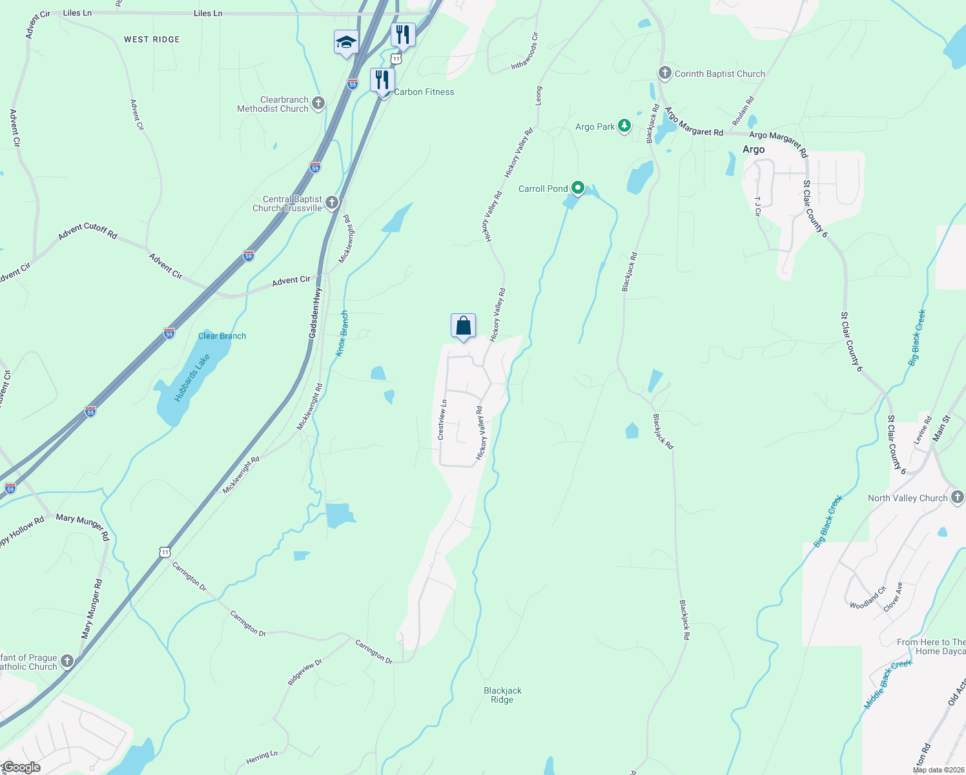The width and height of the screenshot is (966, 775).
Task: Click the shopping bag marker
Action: [x=463, y=326]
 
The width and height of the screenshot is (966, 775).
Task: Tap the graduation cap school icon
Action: [x=346, y=43]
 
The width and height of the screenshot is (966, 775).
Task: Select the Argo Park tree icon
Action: [x=624, y=126]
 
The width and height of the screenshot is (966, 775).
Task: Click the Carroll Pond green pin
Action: [x=578, y=188]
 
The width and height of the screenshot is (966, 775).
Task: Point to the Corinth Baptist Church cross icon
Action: [x=665, y=73]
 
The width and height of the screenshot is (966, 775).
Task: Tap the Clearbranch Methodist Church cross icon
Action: [x=318, y=103]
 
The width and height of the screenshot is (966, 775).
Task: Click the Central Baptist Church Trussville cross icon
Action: [x=332, y=203]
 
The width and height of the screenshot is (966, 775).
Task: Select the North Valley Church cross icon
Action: [x=958, y=497]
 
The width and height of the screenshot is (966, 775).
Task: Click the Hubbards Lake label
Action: [x=192, y=378]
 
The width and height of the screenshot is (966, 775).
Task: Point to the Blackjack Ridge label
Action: [x=502, y=695]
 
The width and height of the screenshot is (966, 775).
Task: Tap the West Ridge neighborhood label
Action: [x=152, y=39]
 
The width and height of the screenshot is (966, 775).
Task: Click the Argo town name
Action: [x=754, y=149]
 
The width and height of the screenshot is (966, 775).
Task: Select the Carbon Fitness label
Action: [x=424, y=92]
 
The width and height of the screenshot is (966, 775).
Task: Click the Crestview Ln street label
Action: [x=442, y=420]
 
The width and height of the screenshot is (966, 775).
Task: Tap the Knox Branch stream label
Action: [x=343, y=333]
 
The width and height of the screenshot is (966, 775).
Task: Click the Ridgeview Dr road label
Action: [x=305, y=672]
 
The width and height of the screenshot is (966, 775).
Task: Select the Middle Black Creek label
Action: [x=888, y=685]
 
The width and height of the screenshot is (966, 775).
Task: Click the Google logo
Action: [x=21, y=767]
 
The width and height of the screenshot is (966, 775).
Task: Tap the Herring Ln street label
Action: [x=262, y=758]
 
